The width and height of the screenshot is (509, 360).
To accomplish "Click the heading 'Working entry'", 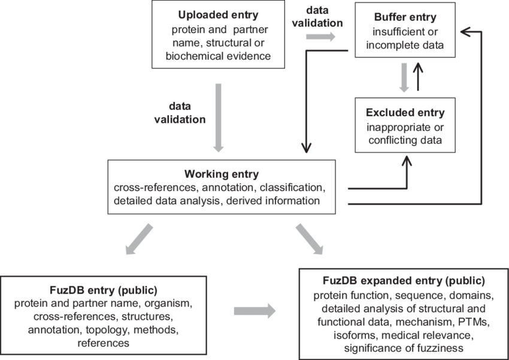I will pos(221,174).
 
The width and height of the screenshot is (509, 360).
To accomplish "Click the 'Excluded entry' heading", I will pos(405,112).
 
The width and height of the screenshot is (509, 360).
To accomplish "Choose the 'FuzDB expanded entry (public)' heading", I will pos(402,280).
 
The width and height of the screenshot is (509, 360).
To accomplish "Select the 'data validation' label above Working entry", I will pos(180,113).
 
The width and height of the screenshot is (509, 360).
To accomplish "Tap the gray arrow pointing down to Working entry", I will pos(218,117).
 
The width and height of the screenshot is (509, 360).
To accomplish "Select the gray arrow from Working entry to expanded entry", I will pos(310,238).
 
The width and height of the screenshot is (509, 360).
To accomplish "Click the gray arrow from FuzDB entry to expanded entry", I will pos(255,311).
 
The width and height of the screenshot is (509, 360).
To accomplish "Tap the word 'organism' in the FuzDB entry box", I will pos(169,303).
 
